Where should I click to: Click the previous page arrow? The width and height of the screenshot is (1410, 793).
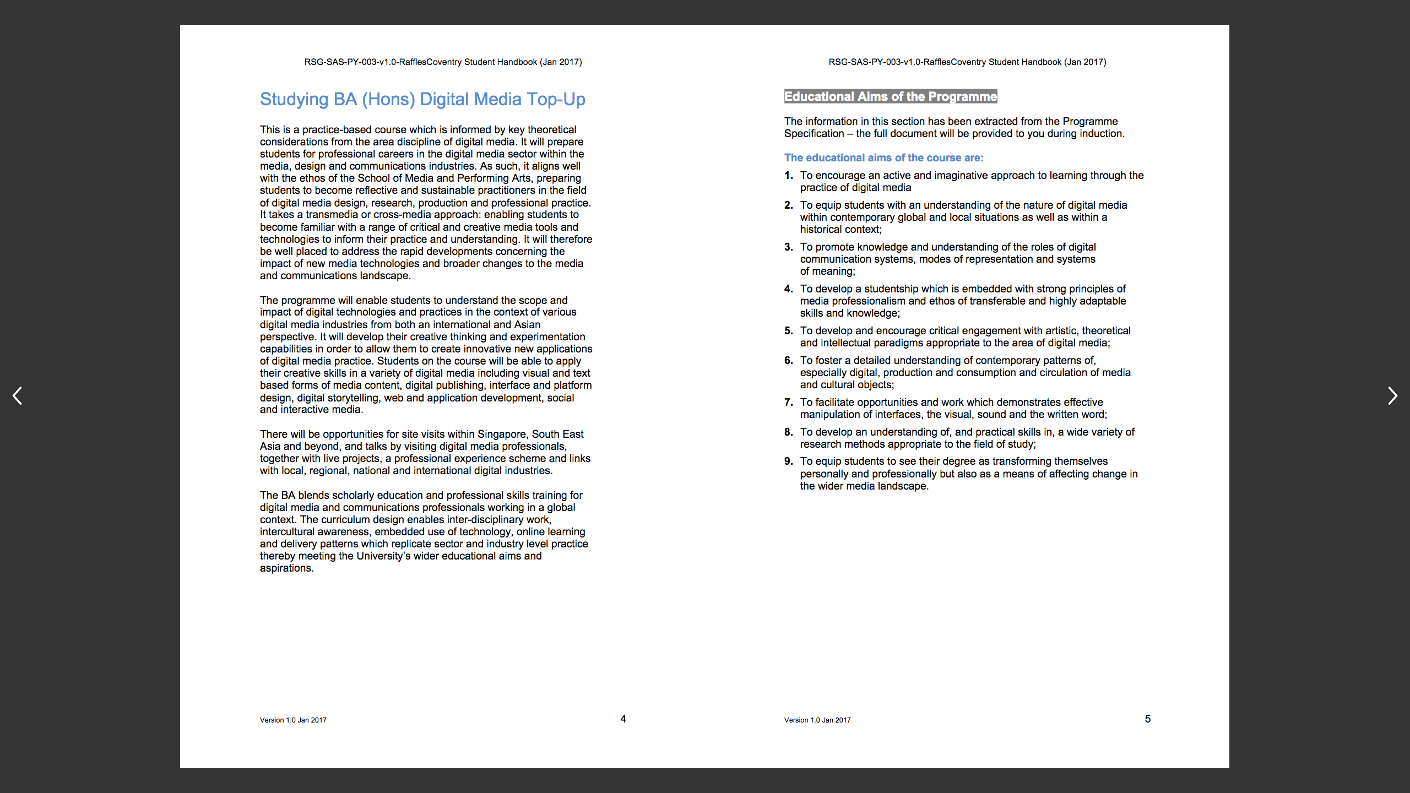tap(18, 395)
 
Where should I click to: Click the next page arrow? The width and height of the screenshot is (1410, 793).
tap(1392, 395)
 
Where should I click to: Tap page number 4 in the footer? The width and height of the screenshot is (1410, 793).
tap(623, 719)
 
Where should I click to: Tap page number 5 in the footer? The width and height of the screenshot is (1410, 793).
tap(1148, 719)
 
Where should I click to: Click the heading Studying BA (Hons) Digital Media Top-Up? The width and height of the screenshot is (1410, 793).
tap(422, 99)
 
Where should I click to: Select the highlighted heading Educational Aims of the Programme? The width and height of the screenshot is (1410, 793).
tap(891, 96)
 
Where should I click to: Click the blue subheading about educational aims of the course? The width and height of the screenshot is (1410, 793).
tap(883, 157)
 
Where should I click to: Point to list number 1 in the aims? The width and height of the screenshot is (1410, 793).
tap(788, 175)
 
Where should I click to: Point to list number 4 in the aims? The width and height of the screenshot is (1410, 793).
tap(788, 289)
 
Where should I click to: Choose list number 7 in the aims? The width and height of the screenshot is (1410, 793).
tap(788, 402)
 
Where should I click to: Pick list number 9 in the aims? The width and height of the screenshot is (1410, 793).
tap(788, 461)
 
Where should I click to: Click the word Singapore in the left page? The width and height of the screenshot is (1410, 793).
tap(503, 434)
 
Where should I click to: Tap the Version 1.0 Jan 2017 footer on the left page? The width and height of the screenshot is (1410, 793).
tap(293, 720)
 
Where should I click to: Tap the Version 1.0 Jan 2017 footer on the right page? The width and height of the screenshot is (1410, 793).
tap(817, 720)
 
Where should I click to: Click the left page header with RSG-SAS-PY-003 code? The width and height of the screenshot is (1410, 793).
tap(443, 62)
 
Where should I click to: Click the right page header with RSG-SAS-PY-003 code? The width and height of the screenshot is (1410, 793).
tap(967, 62)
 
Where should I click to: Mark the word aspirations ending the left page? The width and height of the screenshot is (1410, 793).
tap(286, 568)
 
